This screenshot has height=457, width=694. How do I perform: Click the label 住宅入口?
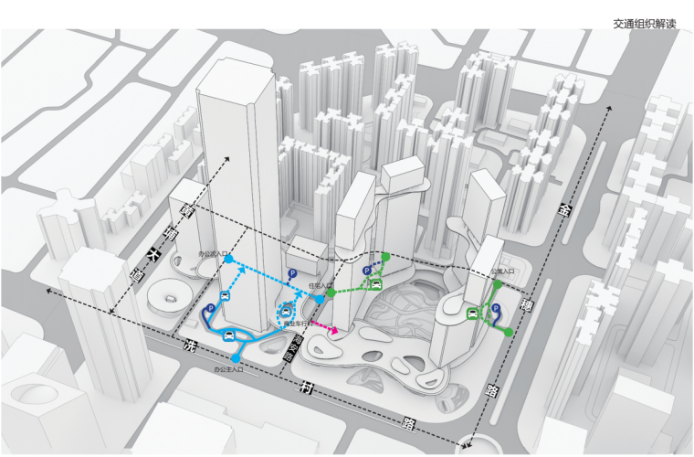[321, 285]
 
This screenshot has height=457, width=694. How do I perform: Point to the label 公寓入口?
[501, 271]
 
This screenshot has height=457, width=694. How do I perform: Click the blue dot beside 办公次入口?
[228, 260]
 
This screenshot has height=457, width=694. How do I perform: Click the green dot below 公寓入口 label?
[496, 285]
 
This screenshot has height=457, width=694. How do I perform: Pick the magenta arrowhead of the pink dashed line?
[334, 331]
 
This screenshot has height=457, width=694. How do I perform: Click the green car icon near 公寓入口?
[475, 315]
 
